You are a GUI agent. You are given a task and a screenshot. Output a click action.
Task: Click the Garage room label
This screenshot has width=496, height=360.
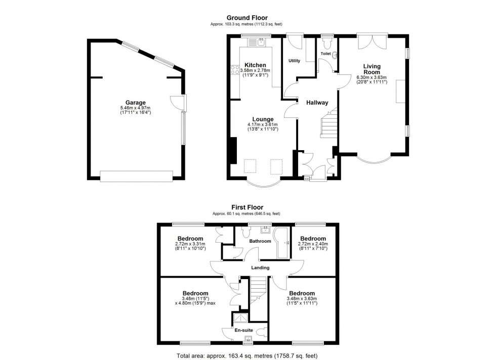(x=136, y=102)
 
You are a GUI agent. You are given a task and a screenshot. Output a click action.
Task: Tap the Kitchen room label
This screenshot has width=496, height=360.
(x=255, y=65)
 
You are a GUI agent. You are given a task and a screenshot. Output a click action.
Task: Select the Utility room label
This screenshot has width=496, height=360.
(x=294, y=61)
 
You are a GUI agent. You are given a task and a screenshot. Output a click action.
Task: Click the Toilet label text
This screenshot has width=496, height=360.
(x=325, y=53)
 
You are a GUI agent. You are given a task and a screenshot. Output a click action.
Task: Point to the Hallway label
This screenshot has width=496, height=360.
(x=317, y=103)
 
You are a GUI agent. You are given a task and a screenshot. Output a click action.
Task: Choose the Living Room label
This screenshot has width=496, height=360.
(x=371, y=69)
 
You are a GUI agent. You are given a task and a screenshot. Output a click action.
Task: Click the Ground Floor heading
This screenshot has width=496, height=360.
(x=247, y=18)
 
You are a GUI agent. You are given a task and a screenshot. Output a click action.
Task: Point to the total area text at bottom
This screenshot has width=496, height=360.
(x=247, y=355)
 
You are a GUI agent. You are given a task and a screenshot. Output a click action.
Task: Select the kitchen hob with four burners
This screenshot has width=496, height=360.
(x=235, y=70)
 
